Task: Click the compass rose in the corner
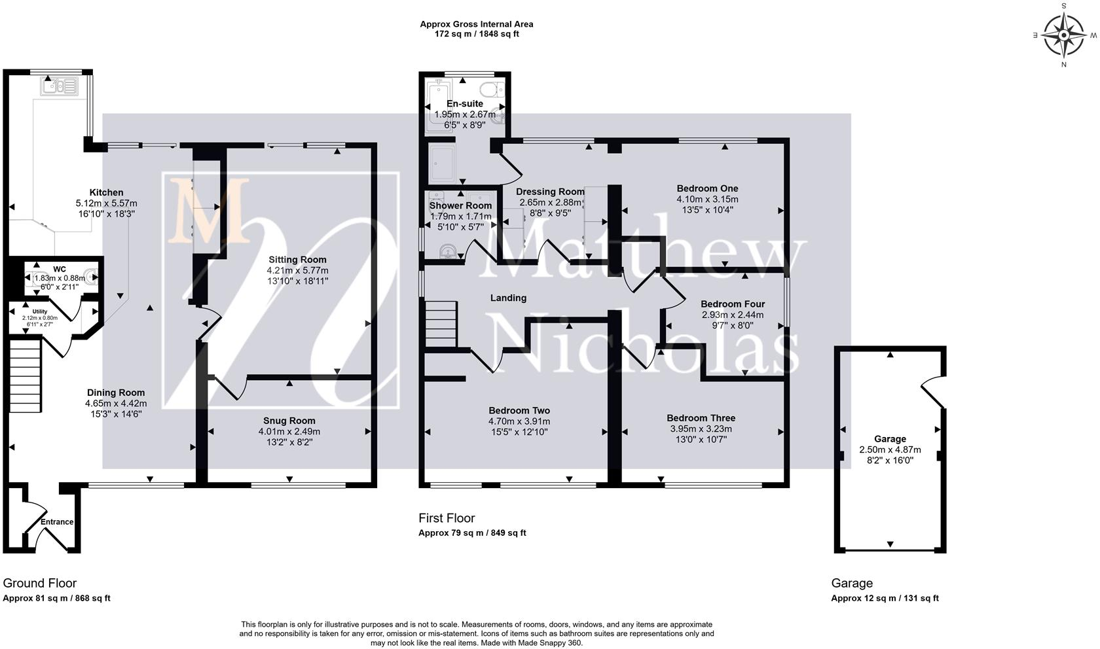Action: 1063,35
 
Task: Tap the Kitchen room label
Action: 106,192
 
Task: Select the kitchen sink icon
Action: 60,86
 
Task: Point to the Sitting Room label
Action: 297,260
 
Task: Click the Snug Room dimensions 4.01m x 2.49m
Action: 289,431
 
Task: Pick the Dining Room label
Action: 116,393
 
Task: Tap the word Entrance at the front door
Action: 57,522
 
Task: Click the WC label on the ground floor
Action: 60,270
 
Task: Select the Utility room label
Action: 40,311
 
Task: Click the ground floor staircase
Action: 25,376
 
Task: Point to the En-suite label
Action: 465,103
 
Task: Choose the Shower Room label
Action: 461,205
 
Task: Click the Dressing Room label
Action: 550,191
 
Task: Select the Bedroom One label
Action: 707,188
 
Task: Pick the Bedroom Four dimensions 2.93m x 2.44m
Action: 733,315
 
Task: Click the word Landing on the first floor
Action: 508,298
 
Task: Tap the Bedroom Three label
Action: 701,418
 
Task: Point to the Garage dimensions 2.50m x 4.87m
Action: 890,449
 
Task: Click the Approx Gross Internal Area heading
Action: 477,24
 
